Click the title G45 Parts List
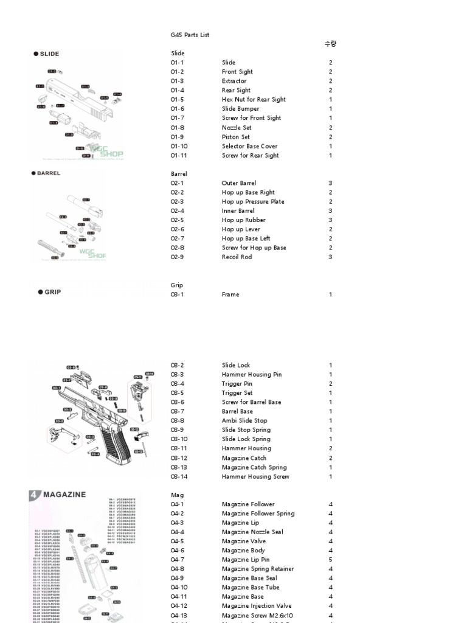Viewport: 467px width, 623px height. [190, 35]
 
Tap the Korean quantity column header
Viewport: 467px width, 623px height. [330, 44]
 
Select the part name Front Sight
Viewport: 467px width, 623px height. [237, 72]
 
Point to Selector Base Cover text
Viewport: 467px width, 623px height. [249, 146]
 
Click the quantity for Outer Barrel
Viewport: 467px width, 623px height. [330, 183]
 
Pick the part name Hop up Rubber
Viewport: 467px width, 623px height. [243, 220]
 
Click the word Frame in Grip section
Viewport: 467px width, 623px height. [230, 294]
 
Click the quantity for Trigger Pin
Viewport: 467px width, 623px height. [330, 384]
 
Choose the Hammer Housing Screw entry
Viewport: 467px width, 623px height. [255, 477]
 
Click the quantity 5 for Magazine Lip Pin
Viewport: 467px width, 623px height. [330, 560]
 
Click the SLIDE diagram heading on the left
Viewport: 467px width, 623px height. [49, 54]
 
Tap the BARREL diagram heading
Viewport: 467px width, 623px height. [49, 173]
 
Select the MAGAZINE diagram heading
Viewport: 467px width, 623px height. [64, 495]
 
